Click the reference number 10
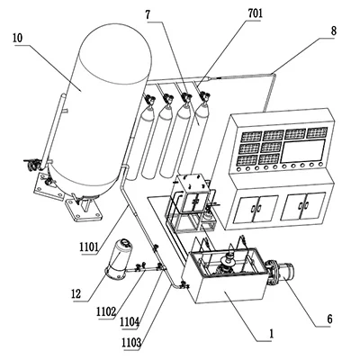point(18,39)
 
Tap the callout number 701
point(255,13)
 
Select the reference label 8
point(333,31)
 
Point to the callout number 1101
point(89,247)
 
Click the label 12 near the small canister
point(76,294)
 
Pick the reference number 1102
point(106,312)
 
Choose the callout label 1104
point(130,322)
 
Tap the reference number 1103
point(131,342)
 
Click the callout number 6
point(329,319)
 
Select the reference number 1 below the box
point(272,334)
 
